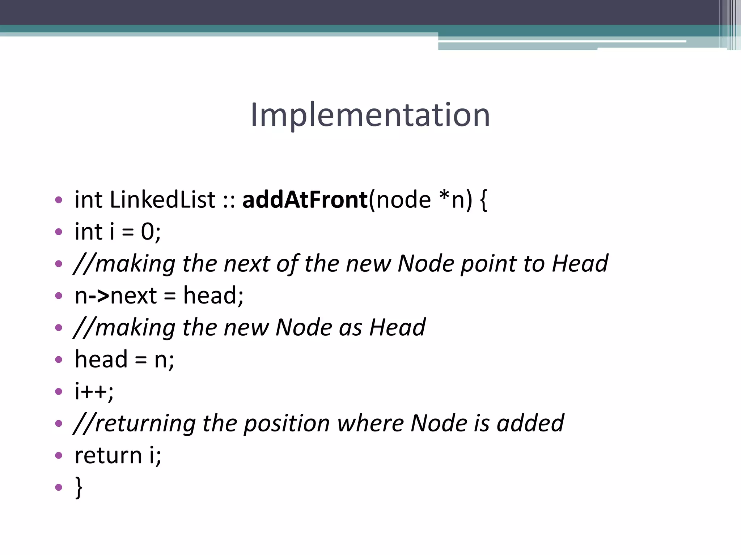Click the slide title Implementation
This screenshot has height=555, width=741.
coord(370,115)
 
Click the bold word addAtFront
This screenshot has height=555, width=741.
coord(305,200)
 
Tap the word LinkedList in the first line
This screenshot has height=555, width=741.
coord(162,200)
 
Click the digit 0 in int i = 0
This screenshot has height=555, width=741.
coord(148,232)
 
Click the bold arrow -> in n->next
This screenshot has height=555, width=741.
coord(99,296)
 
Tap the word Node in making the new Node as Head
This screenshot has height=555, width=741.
coord(304,327)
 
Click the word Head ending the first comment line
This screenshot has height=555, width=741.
coord(580,263)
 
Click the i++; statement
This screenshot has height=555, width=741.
coord(94,391)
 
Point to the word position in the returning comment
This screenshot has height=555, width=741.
coord(287,423)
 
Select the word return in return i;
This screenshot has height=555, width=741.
coord(108,455)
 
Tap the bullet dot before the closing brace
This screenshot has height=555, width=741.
coord(59,487)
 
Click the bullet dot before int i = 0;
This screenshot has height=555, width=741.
coord(59,232)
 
